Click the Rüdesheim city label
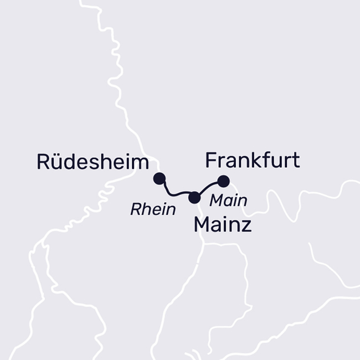click(92, 162)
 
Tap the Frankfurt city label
click(253, 160)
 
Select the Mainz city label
click(222, 225)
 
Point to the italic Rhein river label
click(153, 209)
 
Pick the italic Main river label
click(228, 200)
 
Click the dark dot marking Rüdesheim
click(160, 178)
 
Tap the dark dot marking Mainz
click(194, 197)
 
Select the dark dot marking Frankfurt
click(223, 181)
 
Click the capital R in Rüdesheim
click(43, 162)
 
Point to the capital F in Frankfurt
click(211, 160)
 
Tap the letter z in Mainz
click(246, 225)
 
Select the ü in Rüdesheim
click(54, 162)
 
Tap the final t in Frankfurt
click(296, 160)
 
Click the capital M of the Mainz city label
click(201, 225)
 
